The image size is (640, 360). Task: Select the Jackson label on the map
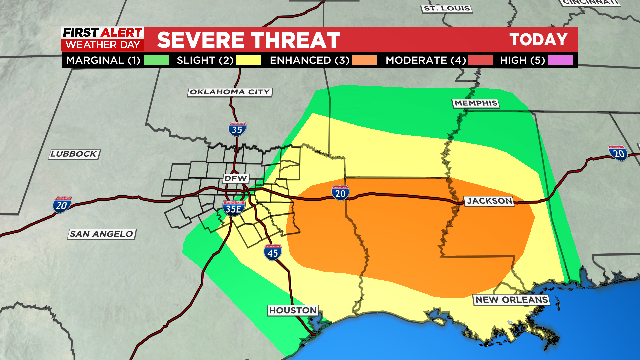coord(488,201)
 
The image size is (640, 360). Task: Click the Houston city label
coord(292,310)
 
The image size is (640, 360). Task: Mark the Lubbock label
coord(74,153)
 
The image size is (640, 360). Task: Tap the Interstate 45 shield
coord(272,253)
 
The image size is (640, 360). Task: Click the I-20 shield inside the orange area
coord(341,192)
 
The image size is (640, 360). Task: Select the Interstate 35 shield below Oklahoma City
coord(236,129)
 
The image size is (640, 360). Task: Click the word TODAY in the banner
coord(538,40)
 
